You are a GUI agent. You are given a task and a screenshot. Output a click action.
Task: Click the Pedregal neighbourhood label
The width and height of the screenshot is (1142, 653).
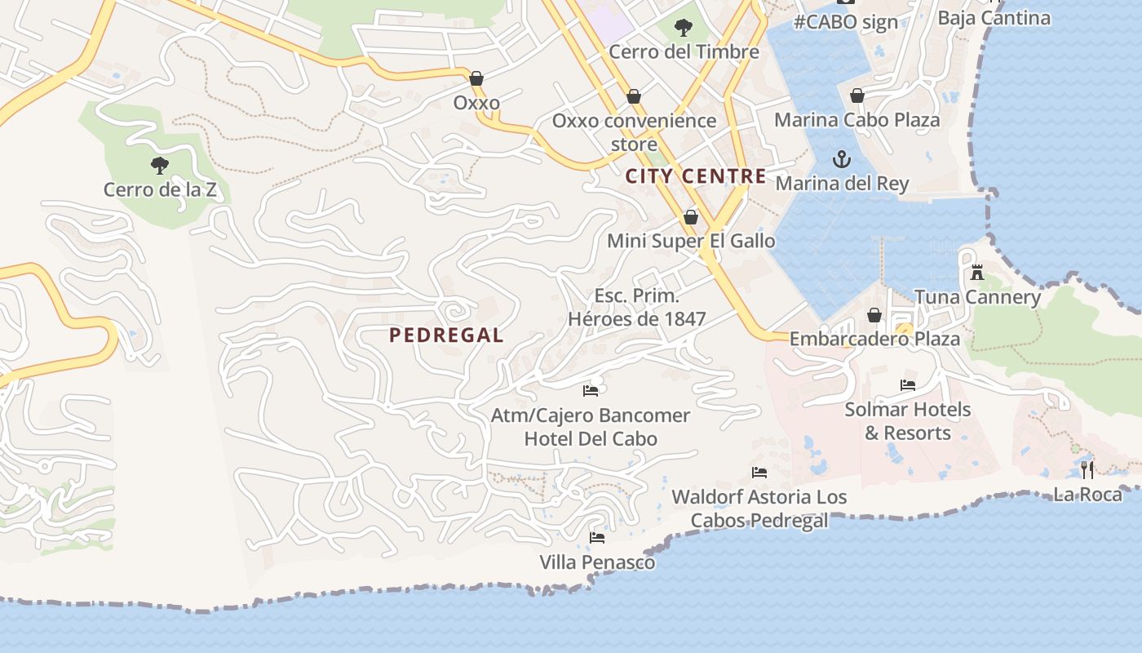coord(446,335)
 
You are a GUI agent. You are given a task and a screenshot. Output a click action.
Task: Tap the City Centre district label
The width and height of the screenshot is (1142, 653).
coord(696,176)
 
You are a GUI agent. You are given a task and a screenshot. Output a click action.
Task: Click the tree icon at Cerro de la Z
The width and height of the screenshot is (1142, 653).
coord(160,166)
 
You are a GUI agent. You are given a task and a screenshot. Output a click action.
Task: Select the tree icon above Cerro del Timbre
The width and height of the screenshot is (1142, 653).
coord(684,29)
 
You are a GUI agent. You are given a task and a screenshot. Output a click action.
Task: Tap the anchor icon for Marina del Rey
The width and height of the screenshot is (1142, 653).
coord(841,159)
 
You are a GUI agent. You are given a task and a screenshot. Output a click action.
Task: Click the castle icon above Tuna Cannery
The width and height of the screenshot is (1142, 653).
coord(977,273)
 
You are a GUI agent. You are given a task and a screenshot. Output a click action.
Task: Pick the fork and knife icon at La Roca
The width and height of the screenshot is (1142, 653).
coord(1087,469)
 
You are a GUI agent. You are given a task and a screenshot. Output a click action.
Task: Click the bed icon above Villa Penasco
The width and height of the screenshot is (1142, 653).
coord(597,538)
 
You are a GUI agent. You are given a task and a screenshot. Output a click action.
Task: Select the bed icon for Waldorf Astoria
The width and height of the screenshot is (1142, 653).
coord(759,473)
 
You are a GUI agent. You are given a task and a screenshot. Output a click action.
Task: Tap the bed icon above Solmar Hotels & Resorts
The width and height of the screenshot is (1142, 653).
coord(907,385)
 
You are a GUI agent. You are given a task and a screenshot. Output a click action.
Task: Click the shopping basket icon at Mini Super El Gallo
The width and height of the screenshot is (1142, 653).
coord(691,217)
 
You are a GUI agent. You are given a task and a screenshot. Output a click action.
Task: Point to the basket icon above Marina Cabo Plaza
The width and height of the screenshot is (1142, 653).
coord(857,96)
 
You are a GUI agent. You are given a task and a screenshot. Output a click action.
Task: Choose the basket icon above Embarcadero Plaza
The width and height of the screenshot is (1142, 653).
coord(874,315)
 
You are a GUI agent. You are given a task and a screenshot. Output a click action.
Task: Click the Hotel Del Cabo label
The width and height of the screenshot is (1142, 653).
coord(591,438)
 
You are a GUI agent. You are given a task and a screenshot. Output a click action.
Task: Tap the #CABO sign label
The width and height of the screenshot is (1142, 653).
coord(846,22)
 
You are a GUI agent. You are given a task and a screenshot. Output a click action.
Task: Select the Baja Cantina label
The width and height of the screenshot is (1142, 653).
coord(994,17)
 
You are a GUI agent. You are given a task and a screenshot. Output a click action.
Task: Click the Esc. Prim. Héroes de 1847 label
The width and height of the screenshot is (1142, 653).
coord(637,307)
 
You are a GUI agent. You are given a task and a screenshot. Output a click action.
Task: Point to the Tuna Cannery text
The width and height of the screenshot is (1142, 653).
coord(977,297)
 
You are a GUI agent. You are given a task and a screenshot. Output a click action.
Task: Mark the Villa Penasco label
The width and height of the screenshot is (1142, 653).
coord(597,562)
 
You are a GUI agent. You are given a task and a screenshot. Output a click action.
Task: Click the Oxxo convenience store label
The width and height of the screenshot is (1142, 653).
coord(634,132)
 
